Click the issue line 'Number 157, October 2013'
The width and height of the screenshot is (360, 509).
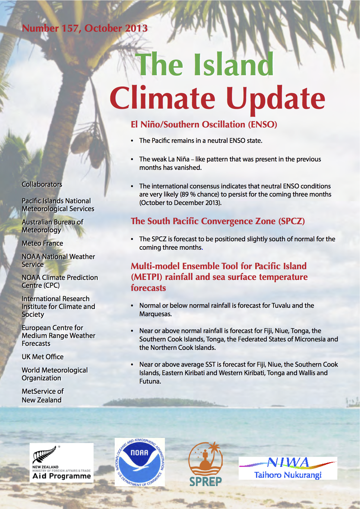[84, 28]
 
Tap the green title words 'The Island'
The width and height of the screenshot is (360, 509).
[205, 64]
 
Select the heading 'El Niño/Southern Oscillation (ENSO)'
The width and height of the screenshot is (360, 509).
[204, 125]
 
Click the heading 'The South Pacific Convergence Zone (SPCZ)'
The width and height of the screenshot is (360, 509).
[218, 221]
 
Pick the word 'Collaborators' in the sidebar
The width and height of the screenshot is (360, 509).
[42, 184]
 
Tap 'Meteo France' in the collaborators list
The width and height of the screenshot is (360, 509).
[42, 243]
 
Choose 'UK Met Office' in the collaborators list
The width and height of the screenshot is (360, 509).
[43, 357]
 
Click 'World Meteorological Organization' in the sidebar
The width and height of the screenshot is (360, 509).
[55, 374]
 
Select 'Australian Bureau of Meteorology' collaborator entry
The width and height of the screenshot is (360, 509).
[52, 226]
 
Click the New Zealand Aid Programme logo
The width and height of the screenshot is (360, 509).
[62, 463]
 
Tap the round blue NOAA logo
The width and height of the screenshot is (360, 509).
[140, 462]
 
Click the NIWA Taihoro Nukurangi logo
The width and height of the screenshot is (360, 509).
[288, 468]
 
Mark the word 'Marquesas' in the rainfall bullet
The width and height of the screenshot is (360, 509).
[155, 314]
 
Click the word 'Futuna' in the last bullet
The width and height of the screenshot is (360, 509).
[150, 382]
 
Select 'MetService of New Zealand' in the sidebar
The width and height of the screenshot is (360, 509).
[43, 396]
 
